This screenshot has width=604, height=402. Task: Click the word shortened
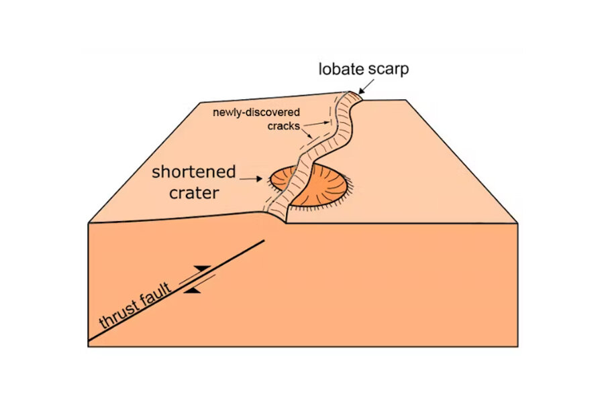[x=193, y=172]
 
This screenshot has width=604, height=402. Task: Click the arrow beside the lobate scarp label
[x=366, y=86]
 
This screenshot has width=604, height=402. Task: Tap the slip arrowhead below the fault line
[x=193, y=291]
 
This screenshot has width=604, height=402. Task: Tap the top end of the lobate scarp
[x=354, y=94]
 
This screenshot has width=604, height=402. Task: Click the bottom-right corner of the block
[x=517, y=346]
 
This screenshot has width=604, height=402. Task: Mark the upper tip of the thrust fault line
[x=265, y=240]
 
